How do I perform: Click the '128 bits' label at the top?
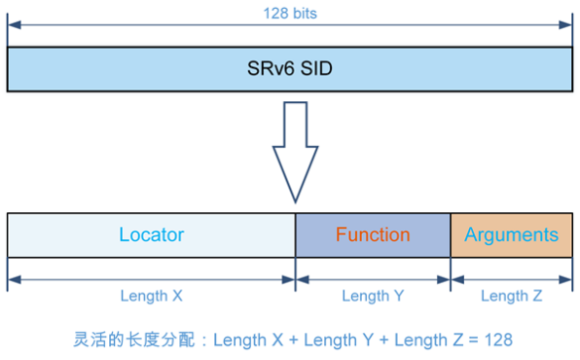coord(290,15)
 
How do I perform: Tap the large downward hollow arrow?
coord(294,146)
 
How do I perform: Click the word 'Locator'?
coord(151,234)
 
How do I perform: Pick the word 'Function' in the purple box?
coord(373,234)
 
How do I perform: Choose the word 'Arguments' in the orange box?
coord(511,234)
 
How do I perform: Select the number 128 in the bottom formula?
coord(498,341)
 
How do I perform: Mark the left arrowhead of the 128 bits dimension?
coord(12,27)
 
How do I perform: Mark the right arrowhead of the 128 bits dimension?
coord(567,27)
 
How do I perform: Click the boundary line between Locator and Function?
coord(295,234)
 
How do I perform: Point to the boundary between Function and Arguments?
coord(451,234)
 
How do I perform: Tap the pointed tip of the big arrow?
coord(294,200)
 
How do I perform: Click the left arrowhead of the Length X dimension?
coord(12,278)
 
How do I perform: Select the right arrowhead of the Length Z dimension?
coord(567,278)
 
